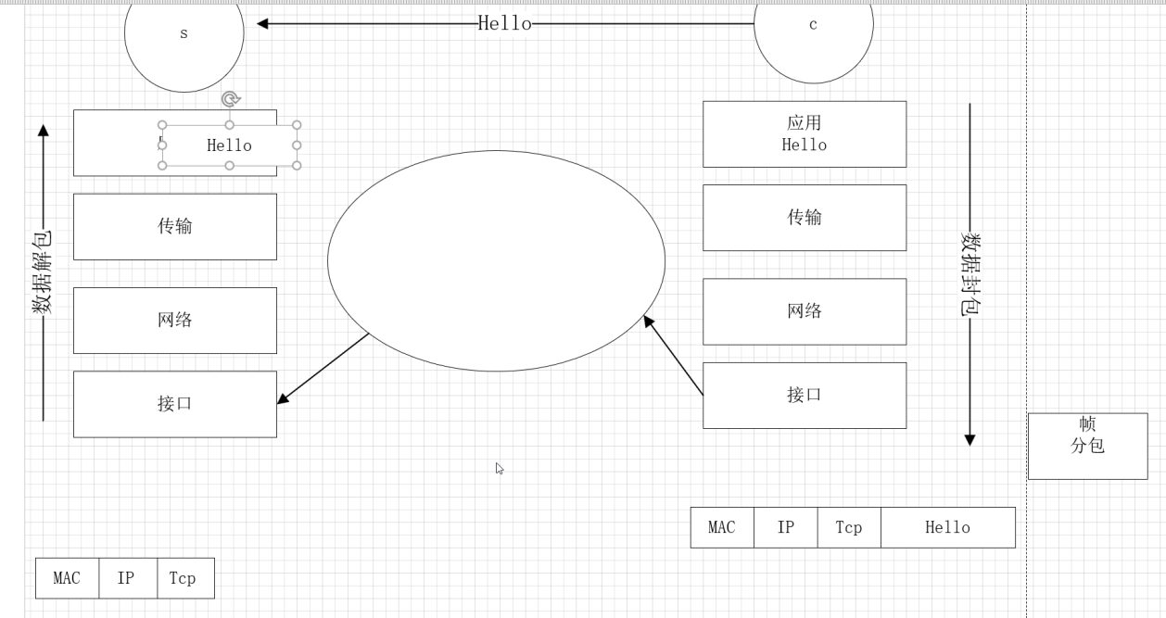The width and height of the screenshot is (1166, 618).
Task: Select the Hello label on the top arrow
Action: click(505, 24)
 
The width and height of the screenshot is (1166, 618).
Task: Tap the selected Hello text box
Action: click(229, 145)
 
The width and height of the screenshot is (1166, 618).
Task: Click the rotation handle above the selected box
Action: click(231, 99)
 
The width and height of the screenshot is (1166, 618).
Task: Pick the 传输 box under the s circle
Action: click(175, 226)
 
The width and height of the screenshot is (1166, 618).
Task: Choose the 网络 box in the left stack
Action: click(175, 320)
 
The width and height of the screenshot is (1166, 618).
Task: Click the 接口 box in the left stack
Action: click(175, 404)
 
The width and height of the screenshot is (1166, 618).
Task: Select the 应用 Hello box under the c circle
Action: click(805, 134)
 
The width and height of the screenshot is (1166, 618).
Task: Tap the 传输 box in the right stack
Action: click(805, 218)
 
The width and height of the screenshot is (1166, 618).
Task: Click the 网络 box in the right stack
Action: click(805, 311)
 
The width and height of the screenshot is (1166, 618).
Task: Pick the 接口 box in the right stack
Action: click(805, 395)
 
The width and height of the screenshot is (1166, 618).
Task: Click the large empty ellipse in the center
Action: click(496, 260)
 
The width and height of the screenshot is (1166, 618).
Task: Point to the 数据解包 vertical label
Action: click(43, 273)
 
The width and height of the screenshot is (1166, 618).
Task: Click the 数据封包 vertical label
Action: click(970, 274)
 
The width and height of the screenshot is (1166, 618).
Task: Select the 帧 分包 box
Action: click(1087, 446)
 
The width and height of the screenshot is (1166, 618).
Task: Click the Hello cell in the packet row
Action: click(947, 527)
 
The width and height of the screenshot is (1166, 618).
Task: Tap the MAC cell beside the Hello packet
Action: click(722, 527)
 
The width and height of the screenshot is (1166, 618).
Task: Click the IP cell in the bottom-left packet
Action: click(127, 578)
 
